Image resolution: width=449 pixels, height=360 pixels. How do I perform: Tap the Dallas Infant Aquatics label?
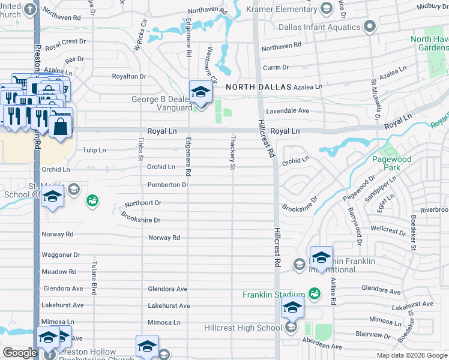(x=319, y=28)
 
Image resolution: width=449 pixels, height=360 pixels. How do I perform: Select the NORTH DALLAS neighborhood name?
(x=259, y=87)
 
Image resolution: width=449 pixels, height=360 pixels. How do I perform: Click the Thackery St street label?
(x=232, y=152)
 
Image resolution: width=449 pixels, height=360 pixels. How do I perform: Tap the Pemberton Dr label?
(x=167, y=185)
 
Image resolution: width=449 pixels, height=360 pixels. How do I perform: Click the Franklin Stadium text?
(x=274, y=295)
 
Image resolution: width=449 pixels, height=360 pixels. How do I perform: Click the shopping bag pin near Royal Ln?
(x=61, y=127)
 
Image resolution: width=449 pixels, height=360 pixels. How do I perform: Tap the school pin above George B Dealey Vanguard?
(x=200, y=92)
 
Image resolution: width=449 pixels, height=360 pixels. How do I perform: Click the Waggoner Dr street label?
(x=61, y=255)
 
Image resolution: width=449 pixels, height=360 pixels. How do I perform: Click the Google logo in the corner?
(x=20, y=352)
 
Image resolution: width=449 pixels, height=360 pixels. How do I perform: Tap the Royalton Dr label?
(x=130, y=76)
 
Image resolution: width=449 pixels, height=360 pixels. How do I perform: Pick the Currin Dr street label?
(x=276, y=68)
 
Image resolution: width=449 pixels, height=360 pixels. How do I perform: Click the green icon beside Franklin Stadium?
(x=314, y=293)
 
